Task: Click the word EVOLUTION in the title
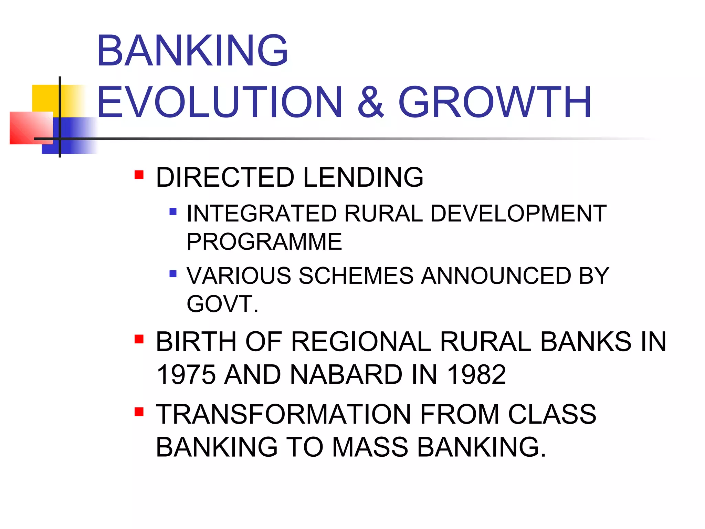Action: click(x=220, y=102)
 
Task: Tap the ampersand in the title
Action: click(x=370, y=102)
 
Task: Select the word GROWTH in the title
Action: click(x=495, y=102)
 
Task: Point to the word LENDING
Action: click(x=363, y=177)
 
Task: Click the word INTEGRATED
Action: click(x=262, y=214)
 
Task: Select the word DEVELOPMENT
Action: click(x=518, y=214)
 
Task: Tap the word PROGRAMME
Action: click(x=264, y=242)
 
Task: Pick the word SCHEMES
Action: click(x=356, y=276)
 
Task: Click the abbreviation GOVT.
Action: click(x=222, y=304)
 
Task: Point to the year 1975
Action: click(x=186, y=375)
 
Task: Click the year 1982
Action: click(x=476, y=375)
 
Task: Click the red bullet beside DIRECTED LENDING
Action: click(x=139, y=175)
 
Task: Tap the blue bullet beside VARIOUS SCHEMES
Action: click(x=173, y=274)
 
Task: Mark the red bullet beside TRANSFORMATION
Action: click(x=139, y=412)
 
